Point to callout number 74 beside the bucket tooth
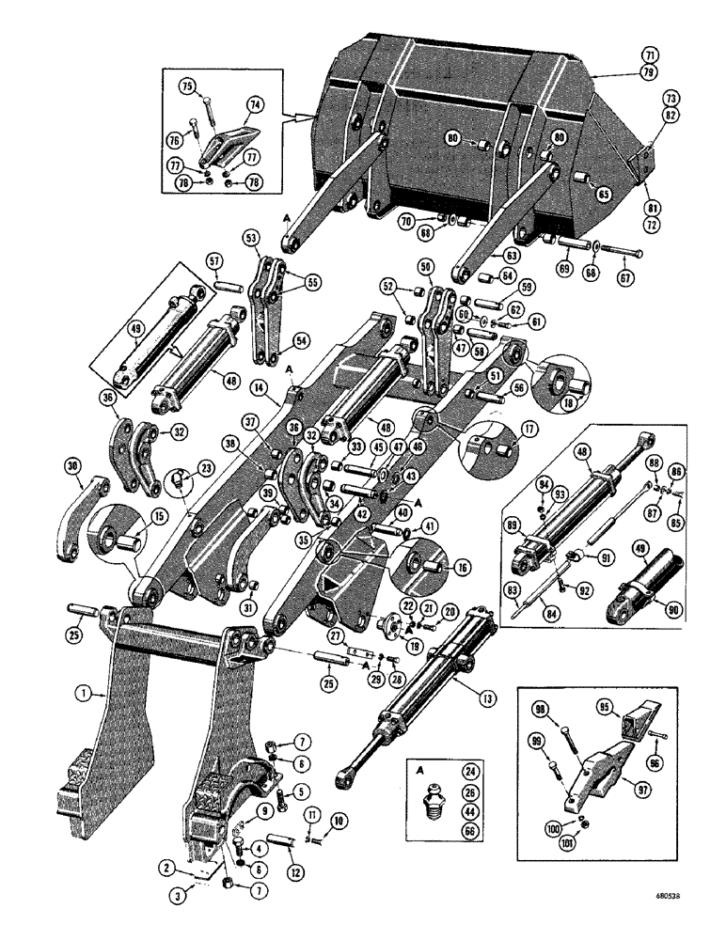click(257, 104)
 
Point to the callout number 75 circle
click(188, 86)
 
